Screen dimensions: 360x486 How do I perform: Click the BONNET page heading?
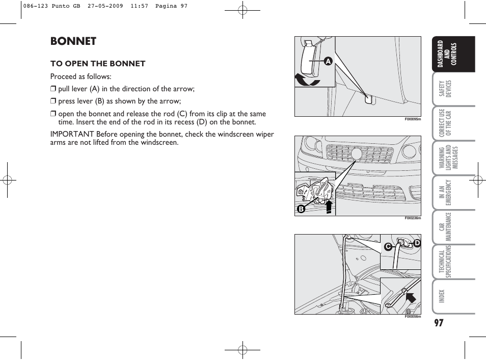pos(73,41)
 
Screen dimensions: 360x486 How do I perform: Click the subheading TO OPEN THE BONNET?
pos(98,64)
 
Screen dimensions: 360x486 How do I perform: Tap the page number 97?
pos(440,323)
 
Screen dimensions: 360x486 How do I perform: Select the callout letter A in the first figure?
pos(328,61)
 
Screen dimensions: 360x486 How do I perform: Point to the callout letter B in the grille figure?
pos(301,209)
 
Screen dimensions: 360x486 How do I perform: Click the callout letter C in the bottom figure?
pos(388,247)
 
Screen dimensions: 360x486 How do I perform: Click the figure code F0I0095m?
pos(413,119)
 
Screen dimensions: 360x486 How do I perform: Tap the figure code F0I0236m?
pos(413,218)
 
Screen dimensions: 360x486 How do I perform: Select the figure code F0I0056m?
pos(413,317)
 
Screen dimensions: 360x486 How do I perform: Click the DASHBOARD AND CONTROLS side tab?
pos(446,54)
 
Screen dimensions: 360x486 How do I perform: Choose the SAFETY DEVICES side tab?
pos(446,89)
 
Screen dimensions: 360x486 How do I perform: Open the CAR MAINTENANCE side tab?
pos(446,227)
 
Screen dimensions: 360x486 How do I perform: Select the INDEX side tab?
pos(442,296)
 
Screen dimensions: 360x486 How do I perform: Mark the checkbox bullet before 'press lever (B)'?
pos(52,101)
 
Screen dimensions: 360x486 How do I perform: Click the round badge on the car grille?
pos(357,153)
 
